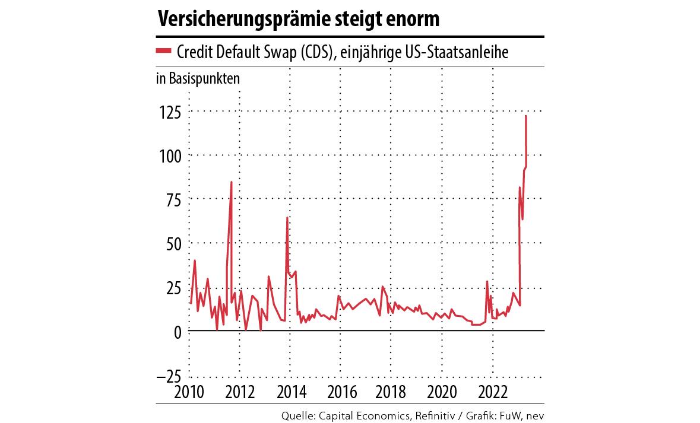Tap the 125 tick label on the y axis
click(169, 111)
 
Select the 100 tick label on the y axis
click(169, 155)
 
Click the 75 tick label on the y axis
click(173, 199)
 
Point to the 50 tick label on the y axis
click(173, 243)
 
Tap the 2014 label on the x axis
click(290, 393)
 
